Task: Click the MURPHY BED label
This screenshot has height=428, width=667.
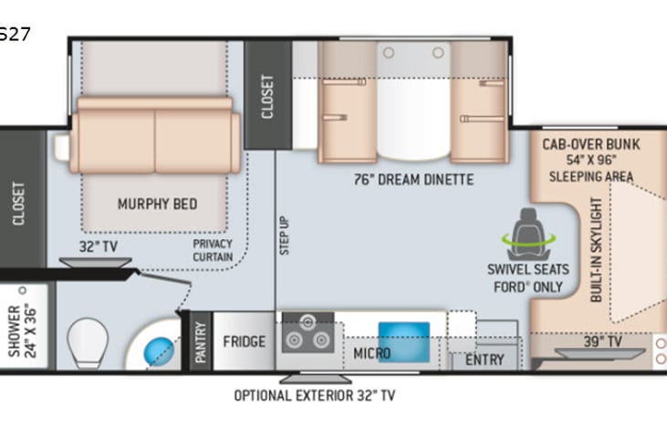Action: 157,204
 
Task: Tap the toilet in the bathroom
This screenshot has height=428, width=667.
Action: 88,339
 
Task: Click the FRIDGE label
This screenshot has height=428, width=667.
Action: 244,342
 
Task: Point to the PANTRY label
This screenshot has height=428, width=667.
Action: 201,342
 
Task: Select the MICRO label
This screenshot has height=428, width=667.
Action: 371,353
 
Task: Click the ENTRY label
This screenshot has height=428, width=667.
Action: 485,359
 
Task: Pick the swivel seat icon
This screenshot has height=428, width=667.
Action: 527,234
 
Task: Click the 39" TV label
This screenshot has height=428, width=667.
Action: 602,342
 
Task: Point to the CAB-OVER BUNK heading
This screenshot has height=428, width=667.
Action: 590,144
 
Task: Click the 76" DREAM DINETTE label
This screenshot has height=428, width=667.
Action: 413,180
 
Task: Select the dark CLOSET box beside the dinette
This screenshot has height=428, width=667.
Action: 267,94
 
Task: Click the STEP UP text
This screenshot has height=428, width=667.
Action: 285,235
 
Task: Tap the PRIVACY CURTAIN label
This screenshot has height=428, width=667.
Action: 213,250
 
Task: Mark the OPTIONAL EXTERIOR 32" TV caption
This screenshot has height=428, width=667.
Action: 315,396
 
